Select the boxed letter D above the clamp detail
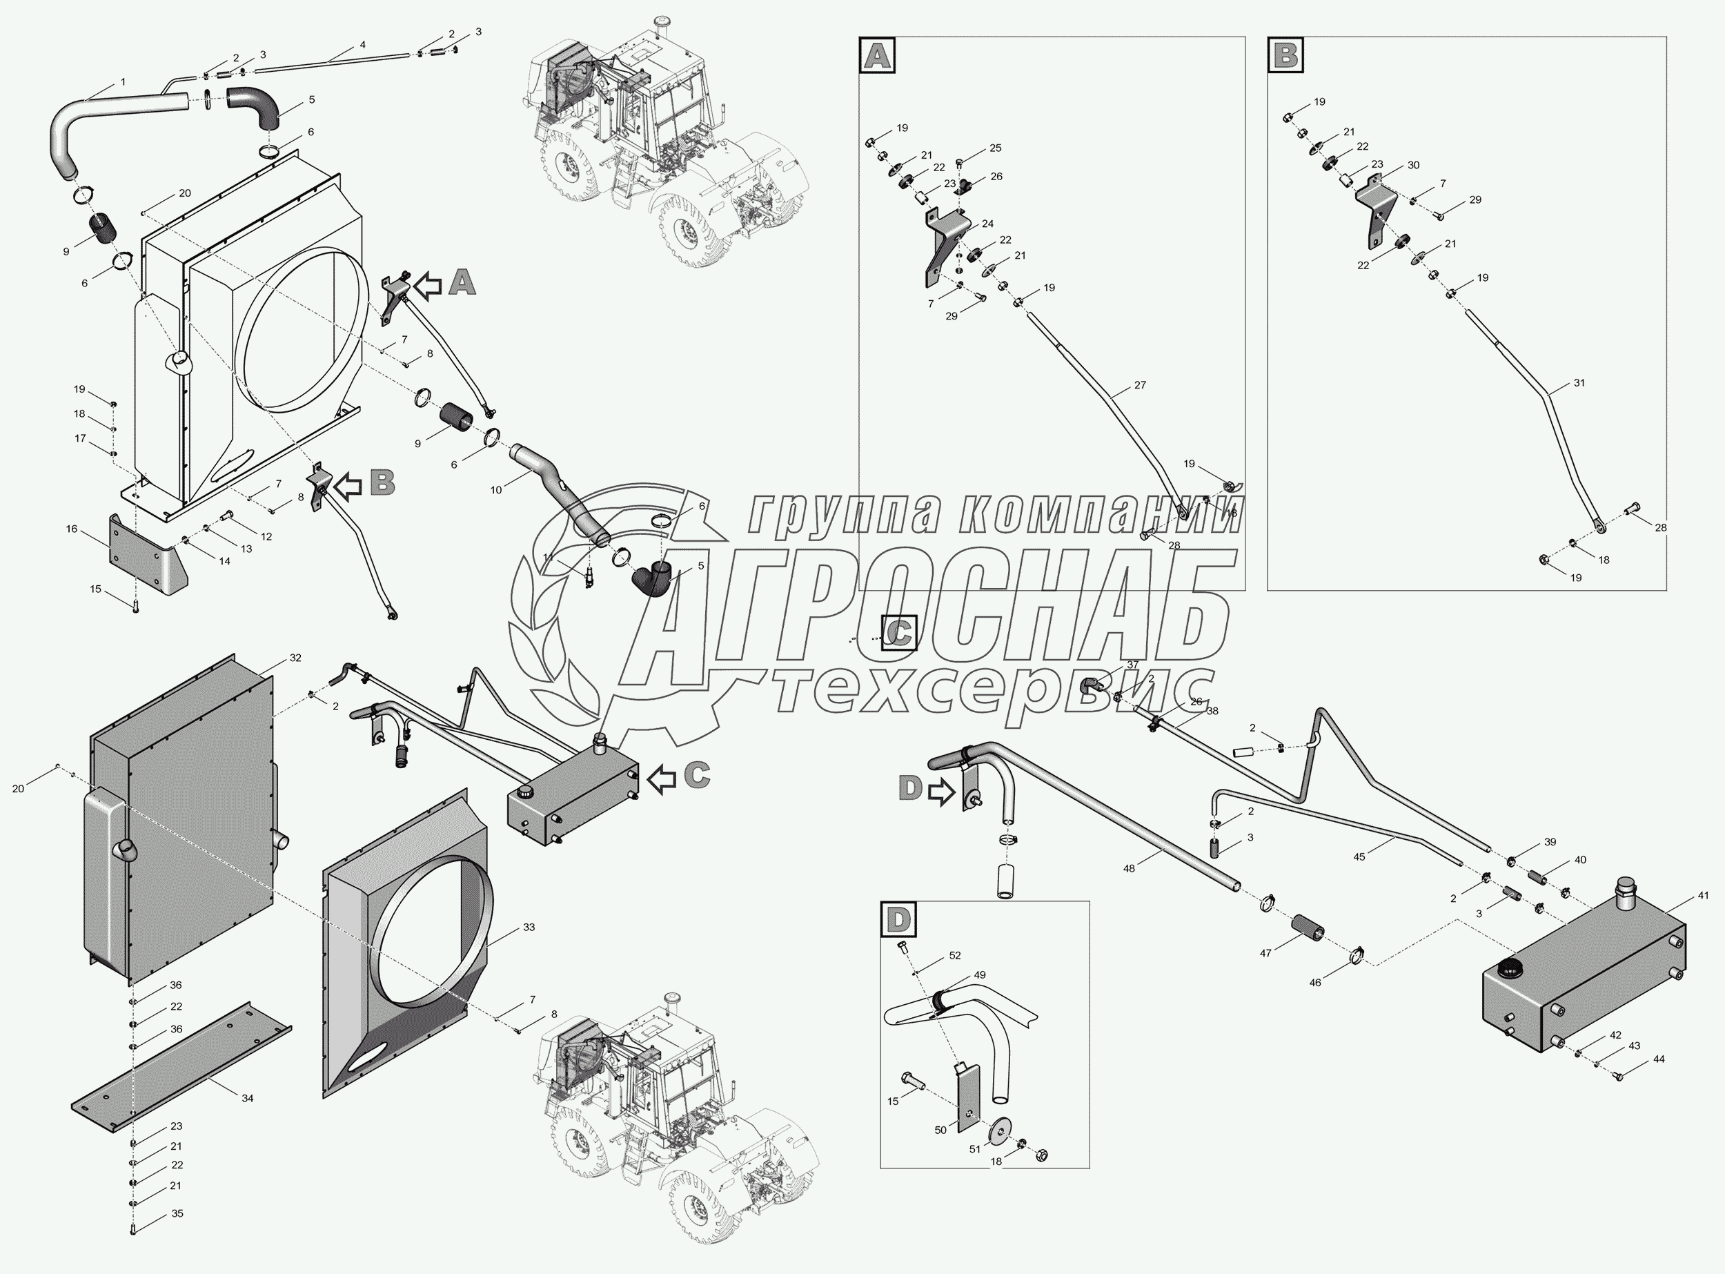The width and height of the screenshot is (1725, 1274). (x=898, y=919)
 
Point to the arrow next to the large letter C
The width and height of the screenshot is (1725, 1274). (x=662, y=779)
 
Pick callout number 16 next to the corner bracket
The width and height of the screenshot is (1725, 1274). (x=72, y=529)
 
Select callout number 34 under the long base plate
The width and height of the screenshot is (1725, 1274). (x=248, y=1098)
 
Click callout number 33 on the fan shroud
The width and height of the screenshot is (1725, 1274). (x=529, y=928)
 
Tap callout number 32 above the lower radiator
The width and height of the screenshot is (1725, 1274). (x=295, y=658)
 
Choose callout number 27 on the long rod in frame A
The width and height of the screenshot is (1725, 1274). (x=1140, y=385)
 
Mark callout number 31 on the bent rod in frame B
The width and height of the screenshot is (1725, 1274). (x=1579, y=382)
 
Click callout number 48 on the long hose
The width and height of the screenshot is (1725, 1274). (x=1129, y=868)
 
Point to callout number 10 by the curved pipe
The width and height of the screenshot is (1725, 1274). (x=496, y=490)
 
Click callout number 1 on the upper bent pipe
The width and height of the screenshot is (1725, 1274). (x=123, y=81)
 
